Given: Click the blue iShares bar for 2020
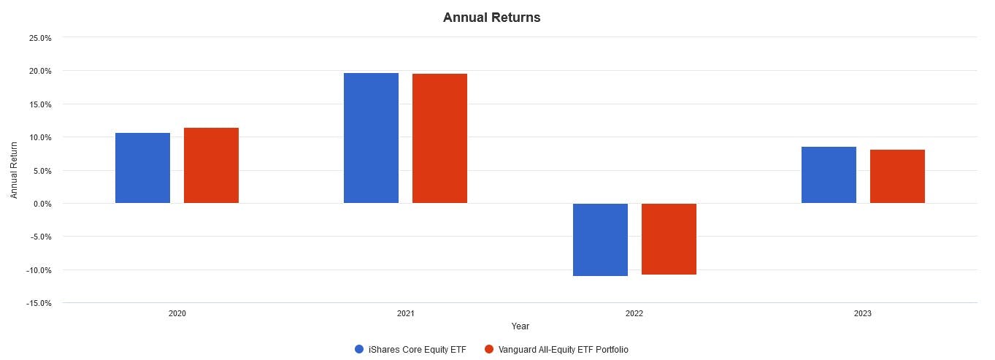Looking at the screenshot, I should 142,168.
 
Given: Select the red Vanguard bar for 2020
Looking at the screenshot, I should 211,166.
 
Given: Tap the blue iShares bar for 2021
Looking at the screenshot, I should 371,138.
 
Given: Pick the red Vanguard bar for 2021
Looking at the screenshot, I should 439,139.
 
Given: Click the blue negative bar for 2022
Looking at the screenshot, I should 600,240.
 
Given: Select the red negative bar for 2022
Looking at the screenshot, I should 669,239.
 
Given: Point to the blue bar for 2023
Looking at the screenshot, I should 829,175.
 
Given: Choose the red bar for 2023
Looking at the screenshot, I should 897,177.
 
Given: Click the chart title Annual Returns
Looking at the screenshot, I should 491,18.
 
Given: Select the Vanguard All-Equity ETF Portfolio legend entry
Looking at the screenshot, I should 563,349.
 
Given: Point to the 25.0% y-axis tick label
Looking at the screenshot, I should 39,38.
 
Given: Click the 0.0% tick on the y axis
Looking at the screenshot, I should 42,204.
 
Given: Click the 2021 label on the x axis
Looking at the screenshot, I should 406,313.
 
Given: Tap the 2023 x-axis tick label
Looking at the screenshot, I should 863,313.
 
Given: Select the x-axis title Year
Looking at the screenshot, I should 520,326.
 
